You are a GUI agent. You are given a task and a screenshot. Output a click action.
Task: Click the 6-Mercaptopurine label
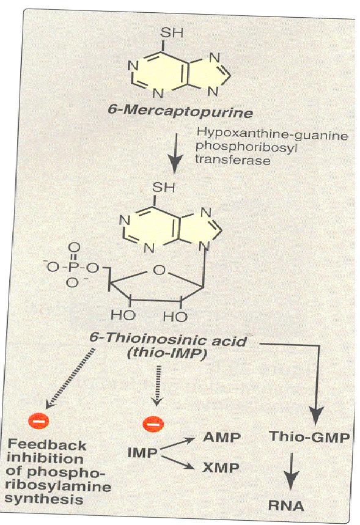(180, 111)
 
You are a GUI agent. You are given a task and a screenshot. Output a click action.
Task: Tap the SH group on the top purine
(172, 33)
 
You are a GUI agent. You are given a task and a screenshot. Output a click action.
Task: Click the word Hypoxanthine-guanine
(272, 134)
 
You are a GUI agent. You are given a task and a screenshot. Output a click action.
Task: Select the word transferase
(232, 160)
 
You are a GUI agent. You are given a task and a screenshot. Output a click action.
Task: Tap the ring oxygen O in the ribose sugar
(160, 269)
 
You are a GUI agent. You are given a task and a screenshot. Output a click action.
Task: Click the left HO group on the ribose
(123, 315)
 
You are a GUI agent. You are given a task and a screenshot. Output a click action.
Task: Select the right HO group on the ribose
(175, 317)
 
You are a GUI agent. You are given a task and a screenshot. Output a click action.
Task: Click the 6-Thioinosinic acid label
(168, 340)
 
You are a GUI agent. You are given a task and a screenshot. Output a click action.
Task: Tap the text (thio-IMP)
(166, 354)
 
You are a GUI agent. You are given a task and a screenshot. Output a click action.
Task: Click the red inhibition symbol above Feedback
(39, 421)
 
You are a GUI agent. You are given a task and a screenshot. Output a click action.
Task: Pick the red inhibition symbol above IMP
(153, 424)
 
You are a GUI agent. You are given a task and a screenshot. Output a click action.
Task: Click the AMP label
(222, 437)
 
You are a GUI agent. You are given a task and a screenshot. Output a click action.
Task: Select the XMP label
(221, 468)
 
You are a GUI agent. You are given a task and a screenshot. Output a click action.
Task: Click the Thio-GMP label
(309, 437)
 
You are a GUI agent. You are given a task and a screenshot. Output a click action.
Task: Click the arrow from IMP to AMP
(177, 444)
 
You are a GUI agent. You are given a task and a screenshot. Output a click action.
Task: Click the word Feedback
(47, 445)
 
